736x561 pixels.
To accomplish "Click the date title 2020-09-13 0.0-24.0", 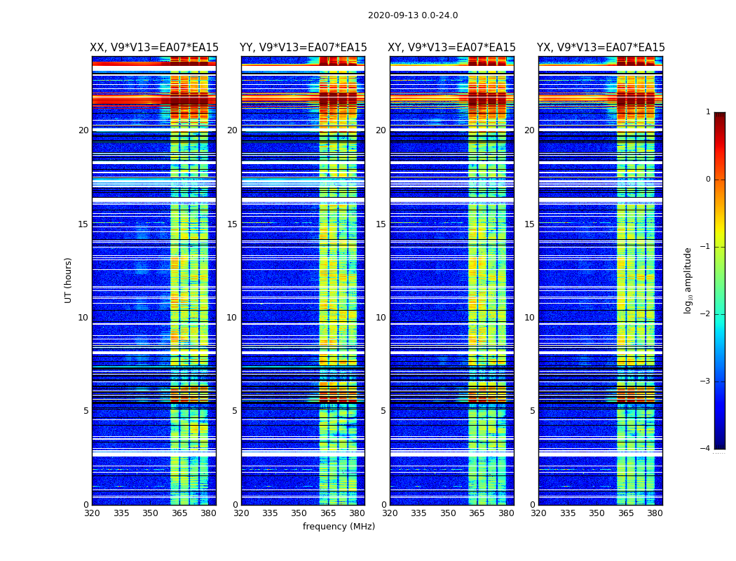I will click(x=413, y=15).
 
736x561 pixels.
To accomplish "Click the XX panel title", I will click(x=154, y=48).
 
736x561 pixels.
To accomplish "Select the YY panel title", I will click(x=303, y=48).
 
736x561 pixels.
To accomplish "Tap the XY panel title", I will click(x=451, y=48).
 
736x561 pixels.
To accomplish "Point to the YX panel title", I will click(x=601, y=48).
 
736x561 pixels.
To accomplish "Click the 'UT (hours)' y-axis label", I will click(x=69, y=280).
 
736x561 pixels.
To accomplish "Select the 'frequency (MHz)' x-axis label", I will click(x=339, y=527).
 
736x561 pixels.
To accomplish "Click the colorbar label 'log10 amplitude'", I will click(x=688, y=280).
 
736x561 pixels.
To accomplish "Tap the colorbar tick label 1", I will click(x=708, y=112).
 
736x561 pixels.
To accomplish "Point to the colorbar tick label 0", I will click(x=708, y=180).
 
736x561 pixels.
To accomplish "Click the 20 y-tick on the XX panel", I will click(x=83, y=130).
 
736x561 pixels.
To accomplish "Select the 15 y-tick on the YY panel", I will click(x=232, y=224).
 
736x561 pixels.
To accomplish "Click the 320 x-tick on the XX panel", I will click(x=92, y=513).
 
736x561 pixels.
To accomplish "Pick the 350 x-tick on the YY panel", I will click(x=299, y=513).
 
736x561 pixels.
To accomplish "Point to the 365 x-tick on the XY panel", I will click(x=477, y=513).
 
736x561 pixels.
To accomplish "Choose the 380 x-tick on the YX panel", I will click(x=655, y=513).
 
